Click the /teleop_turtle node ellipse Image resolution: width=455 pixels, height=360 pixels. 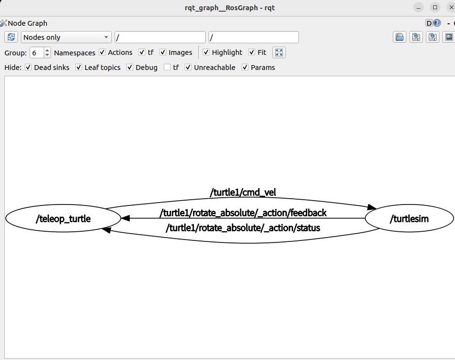63,219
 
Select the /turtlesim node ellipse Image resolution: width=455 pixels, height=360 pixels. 409,219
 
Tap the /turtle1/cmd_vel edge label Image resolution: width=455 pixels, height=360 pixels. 243,192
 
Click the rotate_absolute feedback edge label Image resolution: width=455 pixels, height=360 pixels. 243,213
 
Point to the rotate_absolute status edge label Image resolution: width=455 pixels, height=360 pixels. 243,227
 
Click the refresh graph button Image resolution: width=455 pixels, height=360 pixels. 11,37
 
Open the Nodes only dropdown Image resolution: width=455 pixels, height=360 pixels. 66,37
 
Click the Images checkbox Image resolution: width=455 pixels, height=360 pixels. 163,52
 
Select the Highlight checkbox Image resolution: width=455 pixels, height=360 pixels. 206,52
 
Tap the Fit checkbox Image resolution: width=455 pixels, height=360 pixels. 252,52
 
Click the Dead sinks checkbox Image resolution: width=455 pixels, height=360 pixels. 28,68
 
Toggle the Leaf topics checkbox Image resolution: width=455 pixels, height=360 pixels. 79,68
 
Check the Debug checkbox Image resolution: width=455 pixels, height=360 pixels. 130,68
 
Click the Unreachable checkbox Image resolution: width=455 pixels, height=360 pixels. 188,68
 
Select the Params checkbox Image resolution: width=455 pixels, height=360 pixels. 245,68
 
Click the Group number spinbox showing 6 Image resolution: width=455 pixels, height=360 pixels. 36,52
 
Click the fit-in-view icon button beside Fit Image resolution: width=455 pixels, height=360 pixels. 279,52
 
